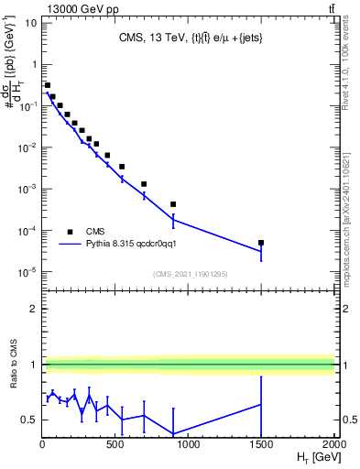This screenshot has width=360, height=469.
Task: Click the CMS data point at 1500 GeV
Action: click(261, 243)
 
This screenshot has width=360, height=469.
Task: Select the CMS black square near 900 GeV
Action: click(173, 204)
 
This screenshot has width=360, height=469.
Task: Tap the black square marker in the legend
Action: click(70, 232)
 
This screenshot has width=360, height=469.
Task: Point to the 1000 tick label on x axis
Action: click(188, 444)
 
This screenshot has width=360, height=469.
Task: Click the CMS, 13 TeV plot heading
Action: click(189, 38)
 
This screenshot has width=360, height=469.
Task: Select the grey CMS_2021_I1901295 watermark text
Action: click(189, 274)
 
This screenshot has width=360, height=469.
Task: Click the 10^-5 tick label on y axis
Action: click(28, 272)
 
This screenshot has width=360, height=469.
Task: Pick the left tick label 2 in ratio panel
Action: click(33, 310)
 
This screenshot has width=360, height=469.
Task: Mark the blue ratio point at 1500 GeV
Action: click(261, 404)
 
